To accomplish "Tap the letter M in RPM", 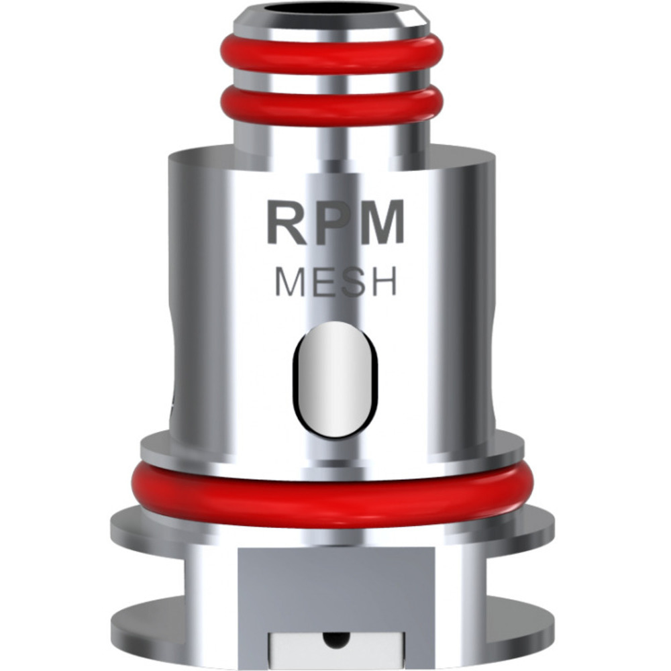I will pos(382,223).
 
